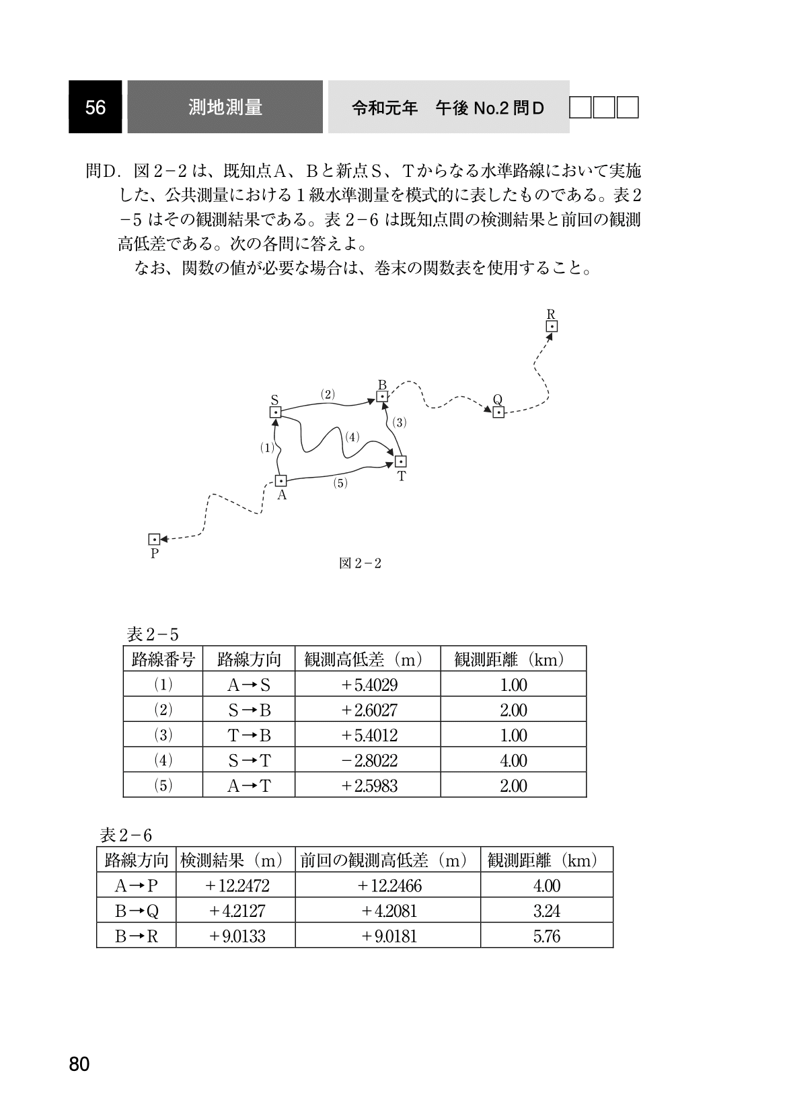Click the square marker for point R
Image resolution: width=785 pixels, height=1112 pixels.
(552, 327)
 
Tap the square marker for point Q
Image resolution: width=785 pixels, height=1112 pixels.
(498, 412)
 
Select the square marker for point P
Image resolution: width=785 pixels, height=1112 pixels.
(154, 540)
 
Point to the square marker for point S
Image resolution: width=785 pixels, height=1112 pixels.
(275, 412)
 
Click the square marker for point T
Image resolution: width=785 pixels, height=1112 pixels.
(400, 461)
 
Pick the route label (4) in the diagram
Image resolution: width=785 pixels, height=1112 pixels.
(353, 437)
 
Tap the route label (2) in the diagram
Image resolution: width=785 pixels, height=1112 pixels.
(328, 394)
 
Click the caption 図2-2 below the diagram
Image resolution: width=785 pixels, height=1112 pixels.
(361, 564)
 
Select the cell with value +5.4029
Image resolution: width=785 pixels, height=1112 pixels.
(368, 685)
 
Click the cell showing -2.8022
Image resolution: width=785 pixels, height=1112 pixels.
(368, 760)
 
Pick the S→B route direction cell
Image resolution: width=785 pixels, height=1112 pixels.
(249, 710)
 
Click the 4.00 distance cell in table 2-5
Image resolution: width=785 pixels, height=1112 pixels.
(513, 760)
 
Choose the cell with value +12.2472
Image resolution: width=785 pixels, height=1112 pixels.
(235, 885)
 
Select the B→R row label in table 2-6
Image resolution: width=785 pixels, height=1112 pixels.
(137, 936)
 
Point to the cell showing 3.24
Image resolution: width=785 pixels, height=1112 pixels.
(546, 911)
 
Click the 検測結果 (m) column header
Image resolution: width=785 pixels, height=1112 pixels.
(235, 860)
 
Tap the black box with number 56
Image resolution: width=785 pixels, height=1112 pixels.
(95, 107)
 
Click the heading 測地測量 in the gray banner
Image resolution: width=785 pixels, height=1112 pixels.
(225, 107)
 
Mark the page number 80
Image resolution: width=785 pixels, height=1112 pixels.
(79, 1064)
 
